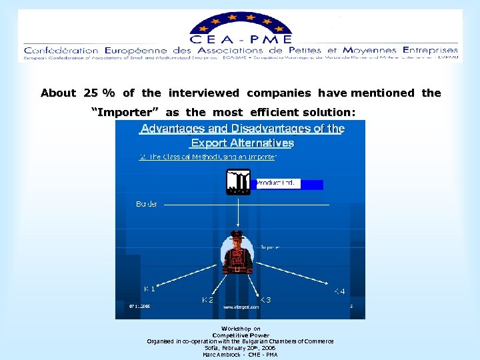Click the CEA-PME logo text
(x=241, y=39)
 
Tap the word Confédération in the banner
(x=61, y=51)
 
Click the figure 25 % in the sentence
(x=99, y=93)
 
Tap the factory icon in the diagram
(x=238, y=181)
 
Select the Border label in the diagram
(x=147, y=203)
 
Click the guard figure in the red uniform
(x=238, y=251)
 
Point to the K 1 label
(x=150, y=289)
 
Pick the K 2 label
(x=208, y=300)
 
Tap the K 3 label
(x=265, y=300)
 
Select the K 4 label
(x=339, y=291)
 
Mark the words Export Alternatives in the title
(x=242, y=143)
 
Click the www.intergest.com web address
(x=241, y=307)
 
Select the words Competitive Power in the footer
(x=241, y=335)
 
